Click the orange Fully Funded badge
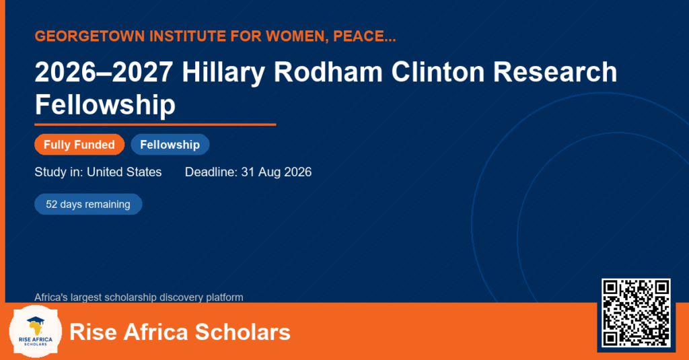[x=79, y=145]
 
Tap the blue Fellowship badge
[x=170, y=145]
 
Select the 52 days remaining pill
[x=88, y=205]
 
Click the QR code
[x=636, y=313]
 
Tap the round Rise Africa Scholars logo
[x=35, y=332]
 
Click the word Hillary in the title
[x=223, y=71]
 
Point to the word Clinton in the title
[x=438, y=71]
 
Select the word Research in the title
[x=555, y=71]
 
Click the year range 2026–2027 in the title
[x=104, y=71]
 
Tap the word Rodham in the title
[x=328, y=71]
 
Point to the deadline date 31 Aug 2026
[x=277, y=172]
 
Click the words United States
[x=124, y=172]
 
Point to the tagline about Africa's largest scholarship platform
[x=139, y=297]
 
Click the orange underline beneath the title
[x=155, y=125]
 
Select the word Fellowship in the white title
[x=105, y=104]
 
